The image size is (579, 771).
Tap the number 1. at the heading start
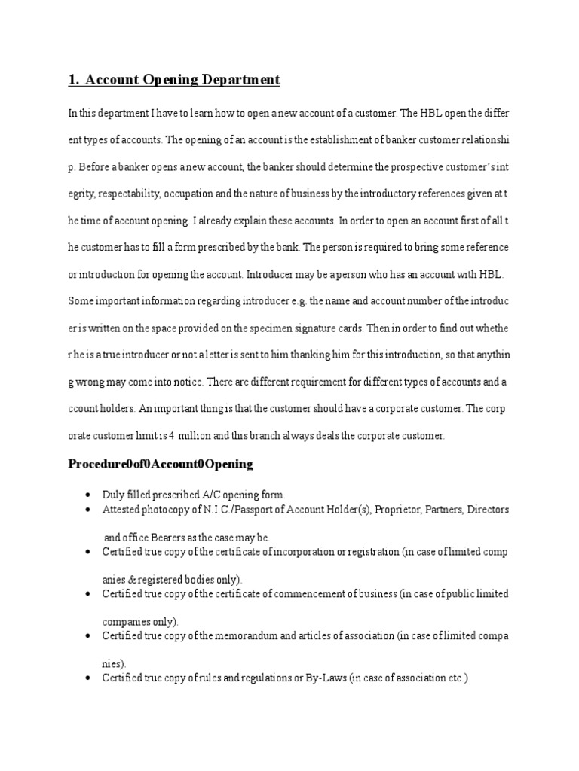tap(75, 79)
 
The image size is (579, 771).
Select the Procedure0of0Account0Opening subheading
tap(161, 464)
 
